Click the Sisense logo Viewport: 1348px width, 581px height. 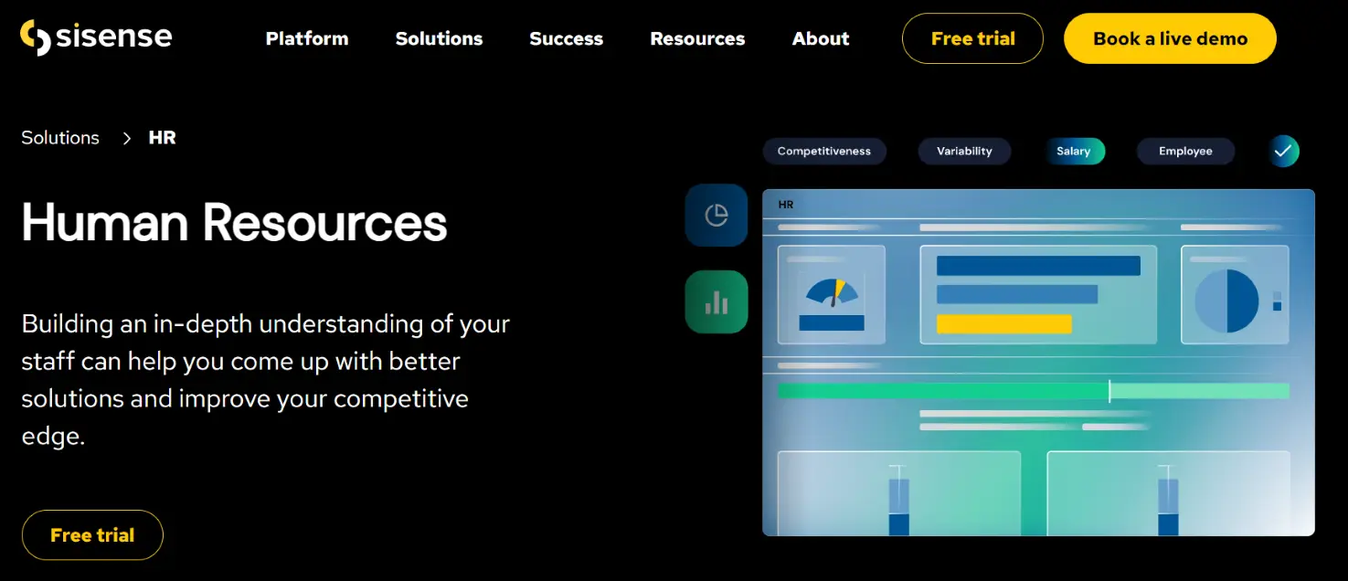[x=96, y=37]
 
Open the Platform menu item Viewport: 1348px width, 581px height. [x=307, y=38]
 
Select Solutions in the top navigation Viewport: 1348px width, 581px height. [x=439, y=38]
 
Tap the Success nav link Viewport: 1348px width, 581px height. [x=567, y=38]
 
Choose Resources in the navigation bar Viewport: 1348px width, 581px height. [x=697, y=38]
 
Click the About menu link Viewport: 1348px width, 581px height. [x=821, y=38]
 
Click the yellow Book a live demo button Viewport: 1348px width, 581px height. [x=1170, y=38]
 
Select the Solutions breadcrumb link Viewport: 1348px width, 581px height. [x=60, y=138]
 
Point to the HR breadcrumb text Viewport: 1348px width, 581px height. [x=162, y=138]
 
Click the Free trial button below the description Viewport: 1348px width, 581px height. [x=92, y=534]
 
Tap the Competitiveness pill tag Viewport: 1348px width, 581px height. [x=823, y=151]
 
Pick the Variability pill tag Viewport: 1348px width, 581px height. [x=964, y=151]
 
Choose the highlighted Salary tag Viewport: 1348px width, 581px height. [x=1075, y=151]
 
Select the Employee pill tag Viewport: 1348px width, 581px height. [x=1185, y=151]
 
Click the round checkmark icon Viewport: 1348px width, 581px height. [x=1284, y=151]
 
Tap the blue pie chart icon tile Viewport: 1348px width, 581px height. [x=716, y=216]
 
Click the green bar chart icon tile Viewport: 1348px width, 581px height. [x=716, y=302]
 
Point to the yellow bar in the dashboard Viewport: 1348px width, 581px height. [x=1003, y=324]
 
